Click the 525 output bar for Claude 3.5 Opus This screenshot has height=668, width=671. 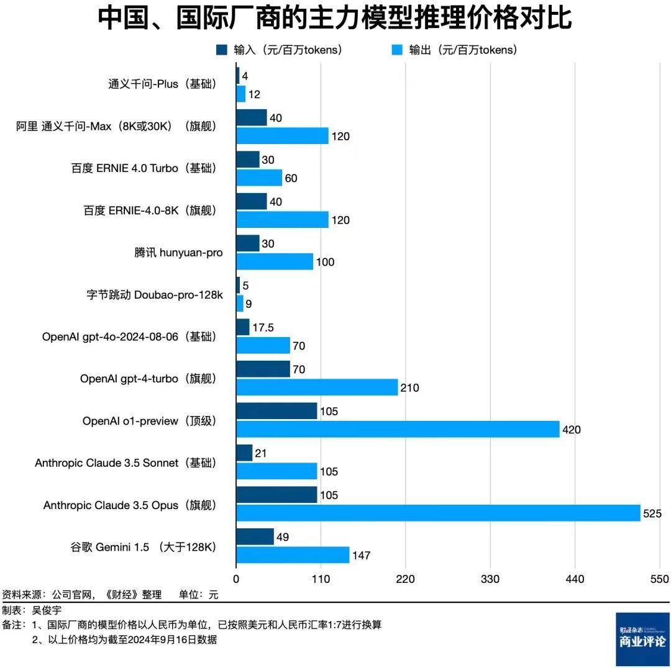(438, 513)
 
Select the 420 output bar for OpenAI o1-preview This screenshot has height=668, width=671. (398, 429)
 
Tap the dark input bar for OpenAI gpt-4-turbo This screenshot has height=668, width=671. (263, 369)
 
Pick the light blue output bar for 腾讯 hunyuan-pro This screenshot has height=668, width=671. (275, 262)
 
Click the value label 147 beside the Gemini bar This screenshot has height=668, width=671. (361, 555)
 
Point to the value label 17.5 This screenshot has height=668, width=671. (263, 327)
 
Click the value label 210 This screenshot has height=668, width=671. (409, 388)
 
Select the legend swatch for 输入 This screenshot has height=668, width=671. (222, 50)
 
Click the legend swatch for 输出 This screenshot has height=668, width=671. (397, 50)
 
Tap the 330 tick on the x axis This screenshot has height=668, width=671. (490, 579)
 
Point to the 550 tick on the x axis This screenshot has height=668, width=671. (659, 579)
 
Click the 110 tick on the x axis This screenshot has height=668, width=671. (321, 579)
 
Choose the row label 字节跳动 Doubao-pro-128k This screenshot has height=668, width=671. (155, 295)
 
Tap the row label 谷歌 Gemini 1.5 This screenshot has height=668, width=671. (143, 547)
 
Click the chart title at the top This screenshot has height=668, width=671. (335, 19)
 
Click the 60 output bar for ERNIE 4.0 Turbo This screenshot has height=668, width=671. (259, 178)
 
